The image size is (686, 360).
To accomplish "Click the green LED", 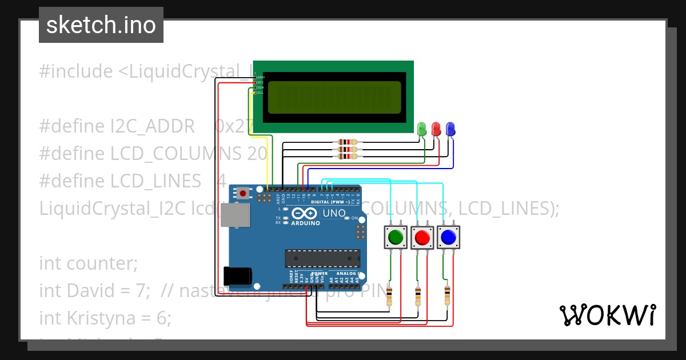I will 422,129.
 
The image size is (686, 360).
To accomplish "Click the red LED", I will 436,129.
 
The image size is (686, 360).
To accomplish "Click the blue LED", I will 450,129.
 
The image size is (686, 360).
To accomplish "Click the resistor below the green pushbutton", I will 390,296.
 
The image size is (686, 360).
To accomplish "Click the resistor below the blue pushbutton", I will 446,295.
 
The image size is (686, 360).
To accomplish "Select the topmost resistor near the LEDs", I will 347,142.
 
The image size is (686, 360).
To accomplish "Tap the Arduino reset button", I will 244,193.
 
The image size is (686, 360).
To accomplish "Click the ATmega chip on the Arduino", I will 322,258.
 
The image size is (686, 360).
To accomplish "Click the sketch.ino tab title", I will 101,25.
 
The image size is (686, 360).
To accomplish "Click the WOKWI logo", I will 607,315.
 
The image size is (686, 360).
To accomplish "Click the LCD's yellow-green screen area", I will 334,97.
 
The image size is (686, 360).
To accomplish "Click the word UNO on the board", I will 334,213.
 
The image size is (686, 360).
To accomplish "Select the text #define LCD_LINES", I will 120,181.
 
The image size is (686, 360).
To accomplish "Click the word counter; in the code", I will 102,263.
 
